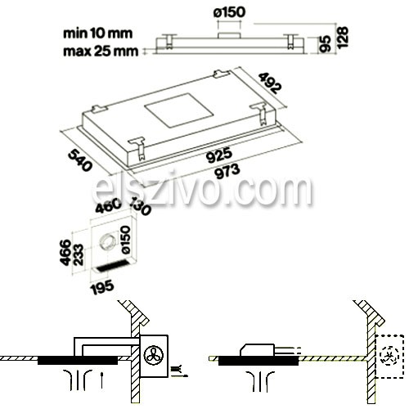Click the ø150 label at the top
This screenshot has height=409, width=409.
pos(230,12)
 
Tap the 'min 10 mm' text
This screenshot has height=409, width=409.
pos(98,34)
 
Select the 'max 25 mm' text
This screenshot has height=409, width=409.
pos(101,52)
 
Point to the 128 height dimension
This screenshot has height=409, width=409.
pos(343,38)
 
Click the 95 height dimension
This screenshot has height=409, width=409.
pos(326,43)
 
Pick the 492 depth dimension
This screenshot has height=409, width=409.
pos(270,83)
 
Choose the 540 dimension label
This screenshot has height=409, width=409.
pos(79,161)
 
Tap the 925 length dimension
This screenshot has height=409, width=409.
pos(219,155)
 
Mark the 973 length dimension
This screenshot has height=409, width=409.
pos(227,171)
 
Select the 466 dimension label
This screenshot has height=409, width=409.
pos(65,252)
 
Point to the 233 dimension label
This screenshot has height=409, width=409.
pos(79,254)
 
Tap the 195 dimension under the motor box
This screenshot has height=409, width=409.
pos(102,287)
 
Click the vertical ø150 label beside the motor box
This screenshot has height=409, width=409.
pos(125,240)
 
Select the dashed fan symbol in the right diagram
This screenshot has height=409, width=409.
pos(389,356)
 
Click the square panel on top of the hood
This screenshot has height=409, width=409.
pos(179,110)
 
